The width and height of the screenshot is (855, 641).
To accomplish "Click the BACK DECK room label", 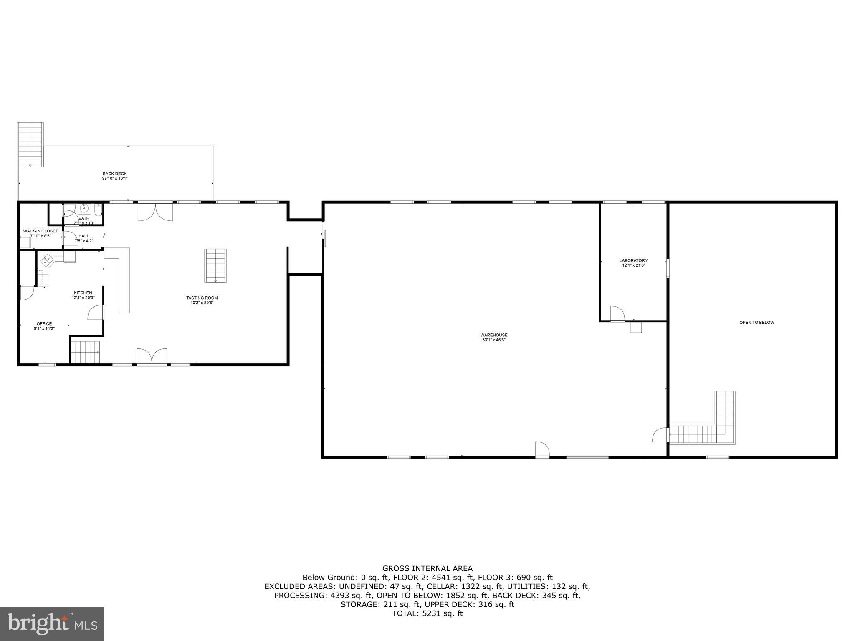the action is coord(115,174).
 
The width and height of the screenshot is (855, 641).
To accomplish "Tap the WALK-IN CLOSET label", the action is coord(40,231).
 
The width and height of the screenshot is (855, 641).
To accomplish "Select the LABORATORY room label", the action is coord(633,260).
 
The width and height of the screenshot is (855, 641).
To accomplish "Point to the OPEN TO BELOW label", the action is coord(756,322).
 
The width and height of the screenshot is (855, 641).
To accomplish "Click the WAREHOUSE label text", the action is coord(494,335).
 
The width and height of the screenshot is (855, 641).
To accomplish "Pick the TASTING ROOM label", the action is coord(202,298).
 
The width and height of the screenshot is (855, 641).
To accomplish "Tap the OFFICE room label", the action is coord(44,323).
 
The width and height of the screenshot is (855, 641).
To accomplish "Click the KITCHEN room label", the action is coord(83,293).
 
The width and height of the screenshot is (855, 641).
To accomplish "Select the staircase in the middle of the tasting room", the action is coord(215,265).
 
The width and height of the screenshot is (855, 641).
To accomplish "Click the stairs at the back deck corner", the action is coord(30,144).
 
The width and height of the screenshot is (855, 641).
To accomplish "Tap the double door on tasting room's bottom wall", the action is coord(152,357).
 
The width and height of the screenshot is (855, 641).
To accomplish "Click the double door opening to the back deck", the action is coord(155,211).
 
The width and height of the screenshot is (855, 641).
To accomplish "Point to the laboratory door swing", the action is coord(617,313).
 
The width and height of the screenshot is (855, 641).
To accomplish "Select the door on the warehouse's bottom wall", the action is coord(542,449).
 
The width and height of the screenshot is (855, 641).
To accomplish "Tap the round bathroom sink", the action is coord(84,208).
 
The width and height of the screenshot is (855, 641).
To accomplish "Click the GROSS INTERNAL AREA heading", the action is coord(427,568).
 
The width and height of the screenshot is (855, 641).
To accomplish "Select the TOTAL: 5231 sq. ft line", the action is coord(427,613).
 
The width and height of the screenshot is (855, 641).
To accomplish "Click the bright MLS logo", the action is coord(52,623).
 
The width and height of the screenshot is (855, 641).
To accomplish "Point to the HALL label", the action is coord(83,236).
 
